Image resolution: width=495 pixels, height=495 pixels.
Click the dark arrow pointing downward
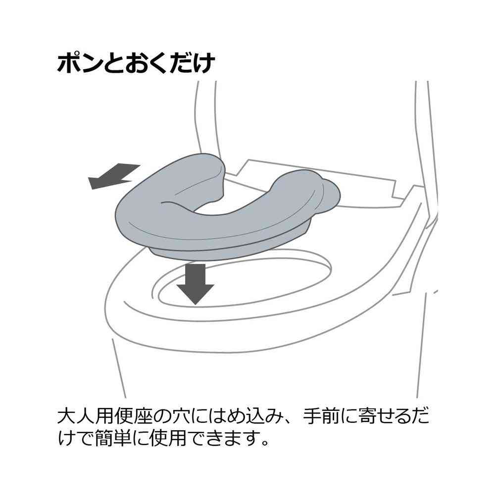(x=195, y=284)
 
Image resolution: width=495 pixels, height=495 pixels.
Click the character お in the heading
(x=136, y=63)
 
